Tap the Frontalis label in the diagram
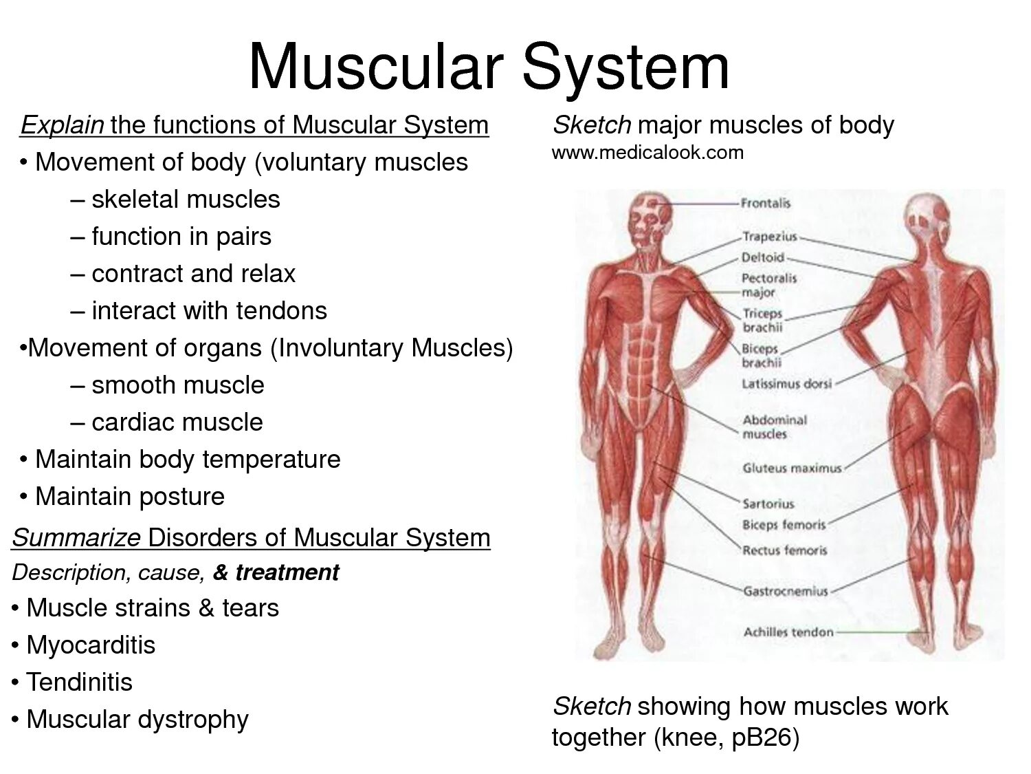(x=766, y=203)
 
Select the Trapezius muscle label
(x=770, y=237)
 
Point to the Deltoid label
(x=763, y=257)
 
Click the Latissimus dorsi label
(x=786, y=383)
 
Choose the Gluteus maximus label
(x=792, y=468)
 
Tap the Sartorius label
(x=768, y=504)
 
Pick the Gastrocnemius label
(x=786, y=591)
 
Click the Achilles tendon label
(x=788, y=632)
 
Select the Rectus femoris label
(x=784, y=550)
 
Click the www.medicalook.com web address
(x=647, y=152)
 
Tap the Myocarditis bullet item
(x=91, y=645)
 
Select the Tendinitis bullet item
(x=79, y=682)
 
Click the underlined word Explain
(x=63, y=125)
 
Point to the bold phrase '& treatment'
(x=276, y=572)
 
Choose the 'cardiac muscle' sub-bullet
(x=177, y=422)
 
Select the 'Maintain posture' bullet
(x=129, y=497)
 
